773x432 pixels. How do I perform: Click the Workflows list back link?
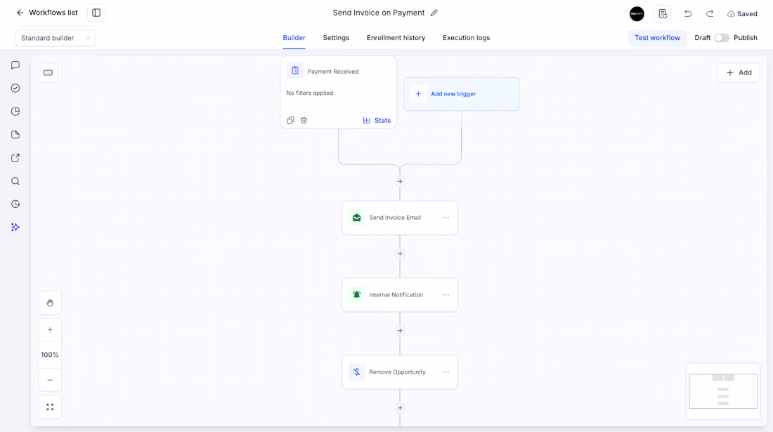47,13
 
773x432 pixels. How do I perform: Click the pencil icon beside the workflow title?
434,13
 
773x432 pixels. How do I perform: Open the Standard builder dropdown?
56,38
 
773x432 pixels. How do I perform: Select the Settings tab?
336,38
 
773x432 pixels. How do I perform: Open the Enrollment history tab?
396,38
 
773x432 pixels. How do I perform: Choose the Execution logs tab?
466,38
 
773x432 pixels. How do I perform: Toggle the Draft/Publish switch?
722,38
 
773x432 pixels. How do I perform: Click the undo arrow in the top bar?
688,14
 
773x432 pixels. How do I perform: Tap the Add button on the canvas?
739,72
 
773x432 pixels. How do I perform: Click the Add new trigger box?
462,94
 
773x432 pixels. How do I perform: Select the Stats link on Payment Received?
377,120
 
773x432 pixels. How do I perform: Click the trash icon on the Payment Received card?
304,120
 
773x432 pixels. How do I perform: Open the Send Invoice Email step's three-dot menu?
446,218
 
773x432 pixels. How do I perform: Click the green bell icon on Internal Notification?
356,294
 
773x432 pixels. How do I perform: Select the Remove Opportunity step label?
397,372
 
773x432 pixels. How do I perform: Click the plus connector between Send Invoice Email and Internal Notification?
400,254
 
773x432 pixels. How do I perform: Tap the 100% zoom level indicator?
50,355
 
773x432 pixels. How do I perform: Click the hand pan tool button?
50,303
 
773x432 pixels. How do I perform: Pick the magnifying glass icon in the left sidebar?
15,181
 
